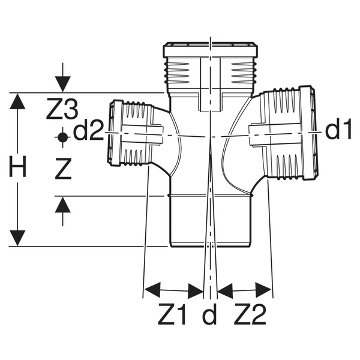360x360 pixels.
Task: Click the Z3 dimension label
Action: pyautogui.click(x=62, y=110)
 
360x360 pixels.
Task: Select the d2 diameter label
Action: pyautogui.click(x=89, y=131)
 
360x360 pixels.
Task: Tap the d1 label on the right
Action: pyautogui.click(x=337, y=131)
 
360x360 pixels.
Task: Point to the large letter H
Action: pyautogui.click(x=19, y=169)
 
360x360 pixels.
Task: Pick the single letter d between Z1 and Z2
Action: pyautogui.click(x=209, y=315)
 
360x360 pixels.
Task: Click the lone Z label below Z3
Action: pyautogui.click(x=62, y=170)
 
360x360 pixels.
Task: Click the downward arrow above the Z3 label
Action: pyautogui.click(x=62, y=83)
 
